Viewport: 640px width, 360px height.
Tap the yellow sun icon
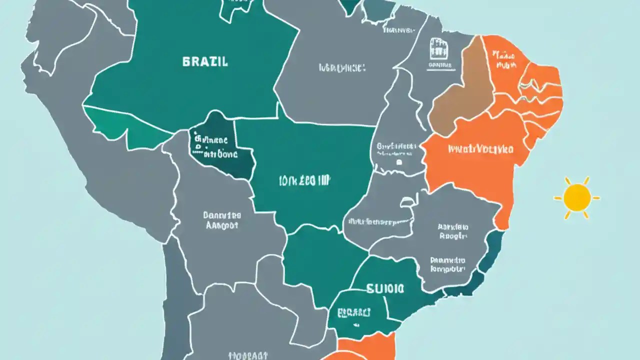(576, 197)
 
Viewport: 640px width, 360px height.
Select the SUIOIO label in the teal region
(385, 288)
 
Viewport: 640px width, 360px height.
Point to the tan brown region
(460, 95)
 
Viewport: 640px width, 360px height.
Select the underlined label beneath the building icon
(440, 65)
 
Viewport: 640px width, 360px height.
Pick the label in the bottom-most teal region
(353, 313)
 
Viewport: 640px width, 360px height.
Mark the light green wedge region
(125, 127)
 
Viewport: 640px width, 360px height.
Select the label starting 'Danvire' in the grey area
(222, 220)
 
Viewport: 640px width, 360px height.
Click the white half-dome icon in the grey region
(409, 201)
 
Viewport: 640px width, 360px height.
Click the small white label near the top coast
(398, 30)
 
